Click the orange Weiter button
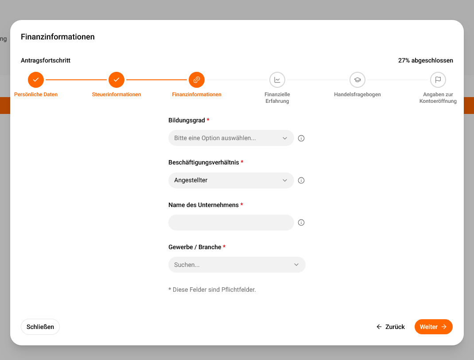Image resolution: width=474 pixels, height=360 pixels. pyautogui.click(x=433, y=327)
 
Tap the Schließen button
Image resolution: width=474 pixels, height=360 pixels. pyautogui.click(x=40, y=327)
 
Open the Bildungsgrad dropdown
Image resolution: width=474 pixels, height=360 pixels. pyautogui.click(x=231, y=138)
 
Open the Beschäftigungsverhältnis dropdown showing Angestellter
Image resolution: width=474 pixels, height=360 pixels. pyautogui.click(x=231, y=180)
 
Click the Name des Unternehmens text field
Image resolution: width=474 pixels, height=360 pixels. pyautogui.click(x=231, y=223)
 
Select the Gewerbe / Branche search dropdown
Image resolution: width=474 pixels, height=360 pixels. pyautogui.click(x=237, y=265)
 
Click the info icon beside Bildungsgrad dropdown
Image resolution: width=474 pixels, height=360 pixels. pyautogui.click(x=301, y=138)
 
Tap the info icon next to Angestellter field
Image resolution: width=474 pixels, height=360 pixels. pyautogui.click(x=301, y=180)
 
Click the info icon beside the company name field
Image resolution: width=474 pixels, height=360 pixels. pyautogui.click(x=301, y=223)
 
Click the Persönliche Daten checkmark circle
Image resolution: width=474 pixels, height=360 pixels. pyautogui.click(x=36, y=80)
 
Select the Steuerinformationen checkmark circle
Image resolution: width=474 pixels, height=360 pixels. pyautogui.click(x=117, y=80)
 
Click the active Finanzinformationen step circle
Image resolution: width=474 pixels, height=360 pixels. pyautogui.click(x=197, y=80)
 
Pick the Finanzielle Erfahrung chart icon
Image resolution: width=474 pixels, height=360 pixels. pyautogui.click(x=277, y=80)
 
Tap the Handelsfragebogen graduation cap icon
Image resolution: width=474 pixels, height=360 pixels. pyautogui.click(x=357, y=80)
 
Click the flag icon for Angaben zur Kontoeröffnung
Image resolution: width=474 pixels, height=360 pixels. pyautogui.click(x=438, y=80)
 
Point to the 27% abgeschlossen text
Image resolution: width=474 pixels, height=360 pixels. pyautogui.click(x=425, y=60)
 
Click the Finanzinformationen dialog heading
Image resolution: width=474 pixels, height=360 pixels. pyautogui.click(x=58, y=37)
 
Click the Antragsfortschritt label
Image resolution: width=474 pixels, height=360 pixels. pyautogui.click(x=46, y=60)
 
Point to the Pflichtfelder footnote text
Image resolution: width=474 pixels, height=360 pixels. pyautogui.click(x=212, y=290)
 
